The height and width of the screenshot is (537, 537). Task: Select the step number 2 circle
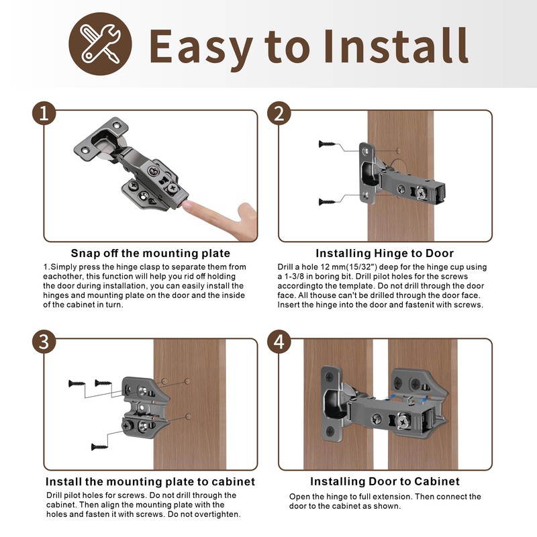(279, 114)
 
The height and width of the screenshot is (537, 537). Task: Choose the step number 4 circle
(279, 342)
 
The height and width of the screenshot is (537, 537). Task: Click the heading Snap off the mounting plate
(150, 253)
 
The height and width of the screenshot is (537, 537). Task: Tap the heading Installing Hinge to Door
(385, 253)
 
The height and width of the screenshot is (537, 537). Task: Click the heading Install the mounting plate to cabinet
(150, 481)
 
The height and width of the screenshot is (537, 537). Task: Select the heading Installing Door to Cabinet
(385, 481)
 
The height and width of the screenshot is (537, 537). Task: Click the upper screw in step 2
(328, 144)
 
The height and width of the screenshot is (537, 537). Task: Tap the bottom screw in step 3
(98, 445)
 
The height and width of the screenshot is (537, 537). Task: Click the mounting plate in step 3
(143, 406)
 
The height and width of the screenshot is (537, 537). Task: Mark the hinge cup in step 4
(333, 403)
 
